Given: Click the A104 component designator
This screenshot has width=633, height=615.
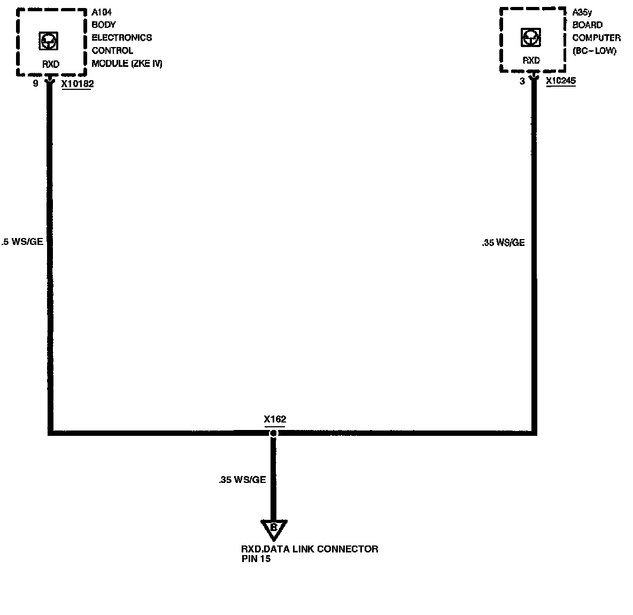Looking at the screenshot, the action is [x=102, y=12].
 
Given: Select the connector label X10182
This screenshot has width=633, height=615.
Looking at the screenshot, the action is [x=77, y=84].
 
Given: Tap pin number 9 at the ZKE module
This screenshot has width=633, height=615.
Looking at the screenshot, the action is [x=36, y=83].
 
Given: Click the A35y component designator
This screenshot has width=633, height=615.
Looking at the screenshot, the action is [x=582, y=12].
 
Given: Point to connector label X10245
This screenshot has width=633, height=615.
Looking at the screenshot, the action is [x=561, y=81].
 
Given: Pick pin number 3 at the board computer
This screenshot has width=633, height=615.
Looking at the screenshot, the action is [x=522, y=82].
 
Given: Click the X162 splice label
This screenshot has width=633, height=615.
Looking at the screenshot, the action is [x=275, y=419].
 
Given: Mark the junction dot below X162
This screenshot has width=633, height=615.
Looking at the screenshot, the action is [x=273, y=433].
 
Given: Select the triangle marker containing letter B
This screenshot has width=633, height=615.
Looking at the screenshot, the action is [x=274, y=528].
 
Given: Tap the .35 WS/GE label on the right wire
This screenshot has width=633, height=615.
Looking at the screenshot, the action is [x=503, y=243].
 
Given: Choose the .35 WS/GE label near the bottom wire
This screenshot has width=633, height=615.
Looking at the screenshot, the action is [x=242, y=480].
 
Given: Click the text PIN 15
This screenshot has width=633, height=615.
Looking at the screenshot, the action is [x=256, y=559].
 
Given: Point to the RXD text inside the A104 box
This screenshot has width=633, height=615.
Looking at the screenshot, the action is [x=51, y=64].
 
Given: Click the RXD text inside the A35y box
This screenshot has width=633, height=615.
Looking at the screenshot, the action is [x=531, y=60].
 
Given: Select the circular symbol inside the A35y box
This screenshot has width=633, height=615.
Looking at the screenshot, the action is [x=530, y=38].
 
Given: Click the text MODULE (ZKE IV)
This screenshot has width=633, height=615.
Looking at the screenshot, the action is [x=127, y=64].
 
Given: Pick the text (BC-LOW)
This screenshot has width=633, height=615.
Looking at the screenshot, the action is [x=594, y=51].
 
